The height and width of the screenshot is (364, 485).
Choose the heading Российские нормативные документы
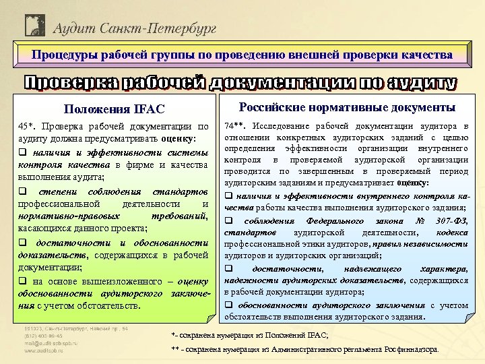click(x=346, y=108)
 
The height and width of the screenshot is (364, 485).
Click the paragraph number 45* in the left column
click(x=28, y=127)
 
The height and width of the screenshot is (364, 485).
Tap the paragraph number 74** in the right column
click(x=235, y=126)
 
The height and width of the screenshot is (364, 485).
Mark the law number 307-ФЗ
click(x=451, y=221)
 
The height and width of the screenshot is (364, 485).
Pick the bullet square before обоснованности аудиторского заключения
click(x=228, y=305)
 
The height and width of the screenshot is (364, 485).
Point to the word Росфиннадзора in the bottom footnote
click(x=411, y=350)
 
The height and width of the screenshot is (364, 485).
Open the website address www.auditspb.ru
click(x=50, y=351)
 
